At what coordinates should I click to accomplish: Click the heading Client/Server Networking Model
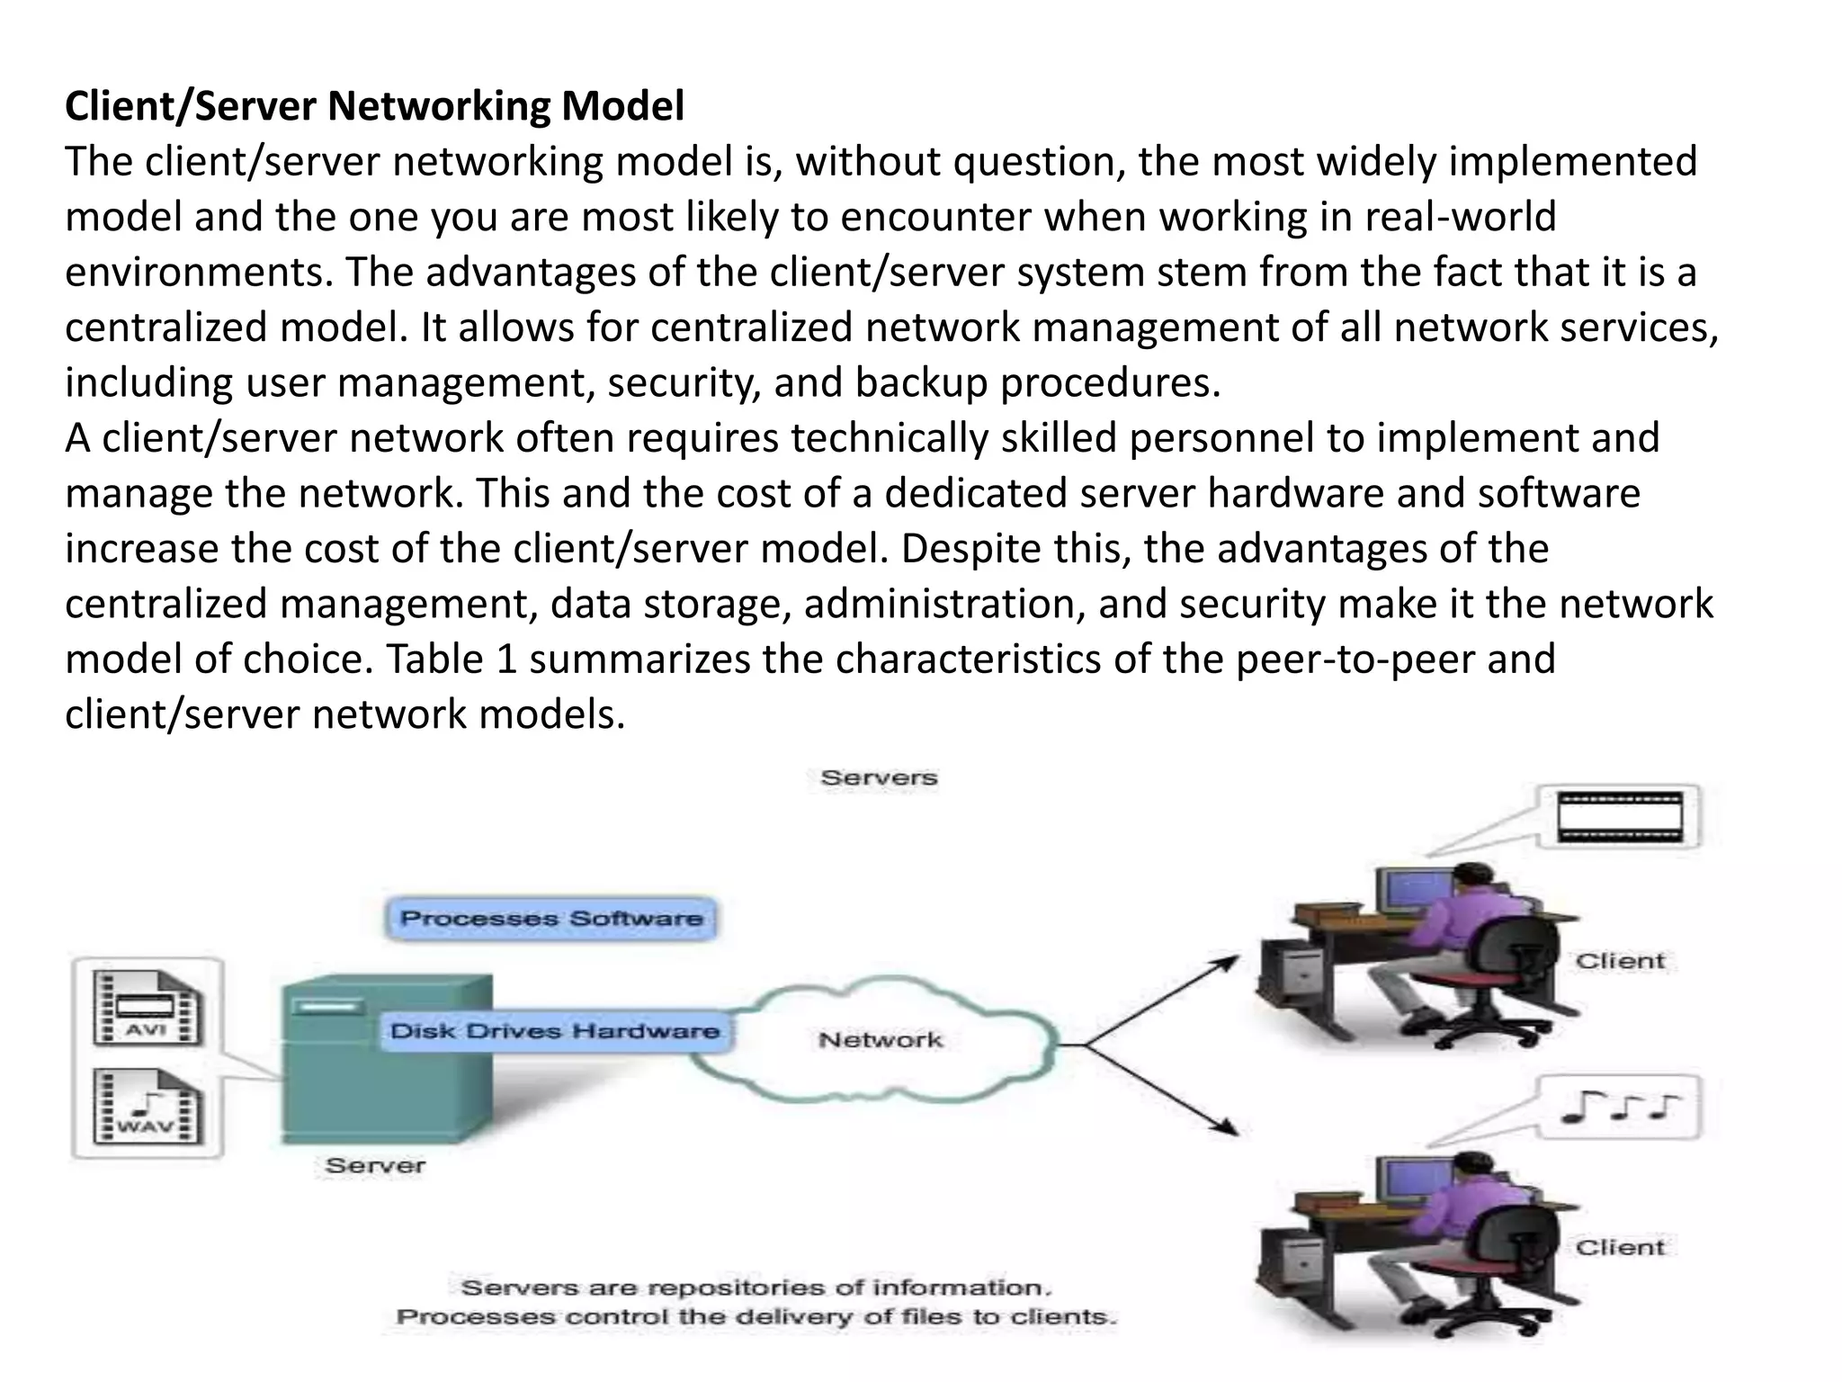pyautogui.click(x=374, y=106)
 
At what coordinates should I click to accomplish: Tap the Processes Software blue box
pyautogui.click(x=551, y=919)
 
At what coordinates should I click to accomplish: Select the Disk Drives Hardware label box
pyautogui.click(x=555, y=1031)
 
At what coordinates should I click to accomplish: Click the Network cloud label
pyautogui.click(x=881, y=1040)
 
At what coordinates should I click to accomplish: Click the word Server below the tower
pyautogui.click(x=375, y=1166)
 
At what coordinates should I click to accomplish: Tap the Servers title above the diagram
pyautogui.click(x=879, y=777)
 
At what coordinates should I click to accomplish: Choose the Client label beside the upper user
pyautogui.click(x=1620, y=961)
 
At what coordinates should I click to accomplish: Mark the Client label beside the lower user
pyautogui.click(x=1620, y=1248)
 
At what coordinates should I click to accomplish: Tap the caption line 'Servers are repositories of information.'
pyautogui.click(x=756, y=1288)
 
